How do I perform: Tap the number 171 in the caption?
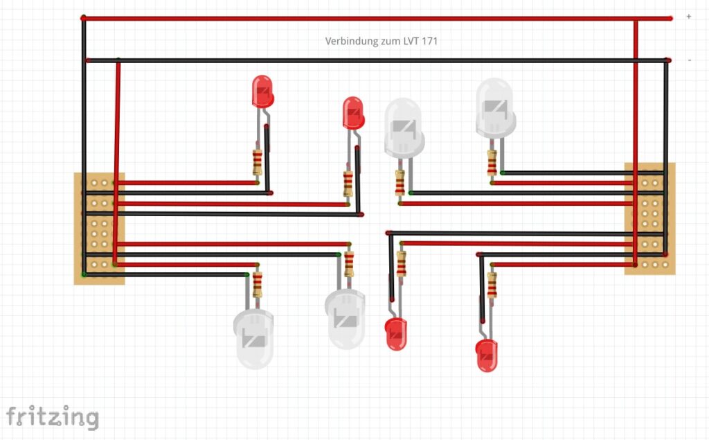[429, 42]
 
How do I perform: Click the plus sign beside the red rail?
[688, 17]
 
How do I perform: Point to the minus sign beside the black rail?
[690, 60]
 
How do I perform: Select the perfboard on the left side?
[99, 229]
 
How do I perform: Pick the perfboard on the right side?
[649, 218]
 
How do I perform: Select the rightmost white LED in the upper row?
[496, 107]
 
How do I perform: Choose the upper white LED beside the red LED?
[404, 127]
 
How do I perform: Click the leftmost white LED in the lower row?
[254, 339]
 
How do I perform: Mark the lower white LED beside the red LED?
[345, 319]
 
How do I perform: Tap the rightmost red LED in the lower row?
[486, 355]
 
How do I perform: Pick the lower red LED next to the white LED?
[396, 333]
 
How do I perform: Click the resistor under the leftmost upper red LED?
[258, 162]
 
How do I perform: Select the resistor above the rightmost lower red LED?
[492, 284]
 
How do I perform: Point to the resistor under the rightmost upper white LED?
[492, 163]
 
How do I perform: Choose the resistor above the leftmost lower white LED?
[258, 284]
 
